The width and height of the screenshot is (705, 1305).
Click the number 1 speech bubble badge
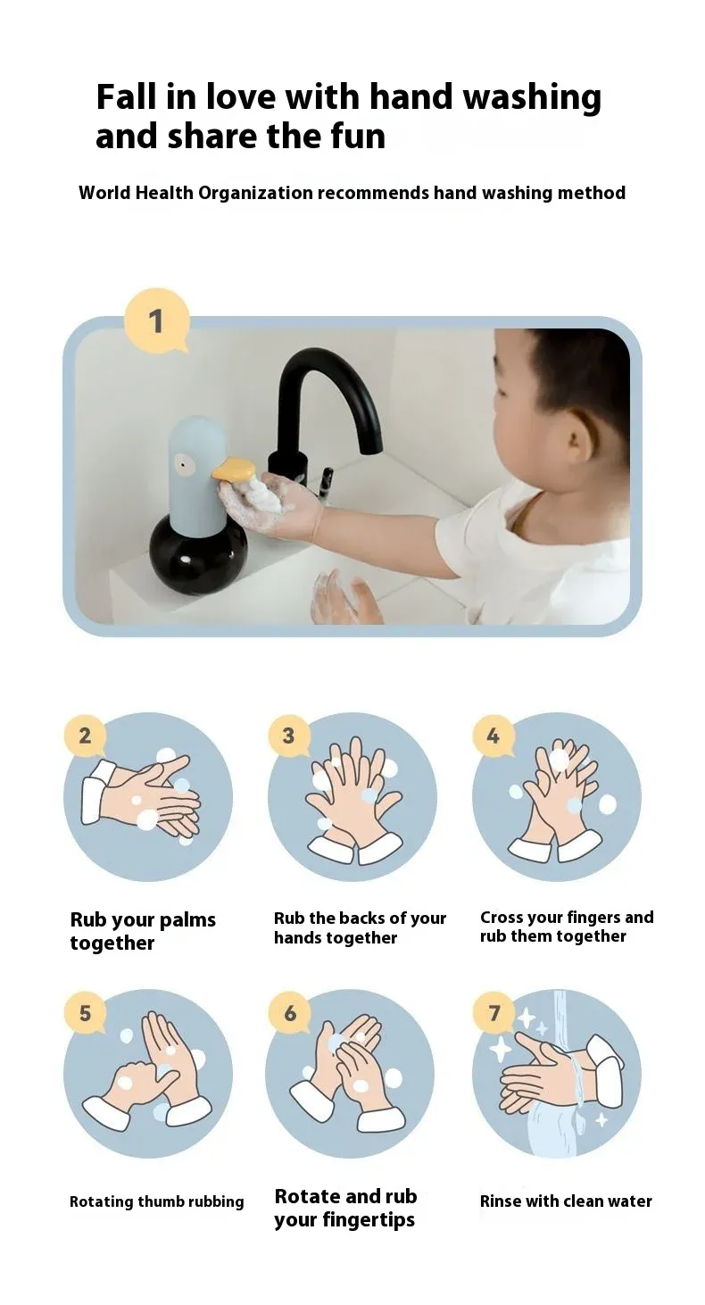157,321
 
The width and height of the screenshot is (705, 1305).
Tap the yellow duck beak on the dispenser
235,470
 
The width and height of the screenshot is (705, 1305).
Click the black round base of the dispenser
198,557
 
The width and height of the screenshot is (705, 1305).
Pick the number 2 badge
85,736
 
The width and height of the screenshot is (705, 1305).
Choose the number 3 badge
288,736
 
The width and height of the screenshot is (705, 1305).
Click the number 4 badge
493,736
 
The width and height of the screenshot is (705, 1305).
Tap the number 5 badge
85,1013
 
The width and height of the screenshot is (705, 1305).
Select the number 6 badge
289,1013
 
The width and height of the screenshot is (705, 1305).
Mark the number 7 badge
494,1013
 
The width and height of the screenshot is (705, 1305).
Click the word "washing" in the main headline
532,98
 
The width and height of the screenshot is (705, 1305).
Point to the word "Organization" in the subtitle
256,193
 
